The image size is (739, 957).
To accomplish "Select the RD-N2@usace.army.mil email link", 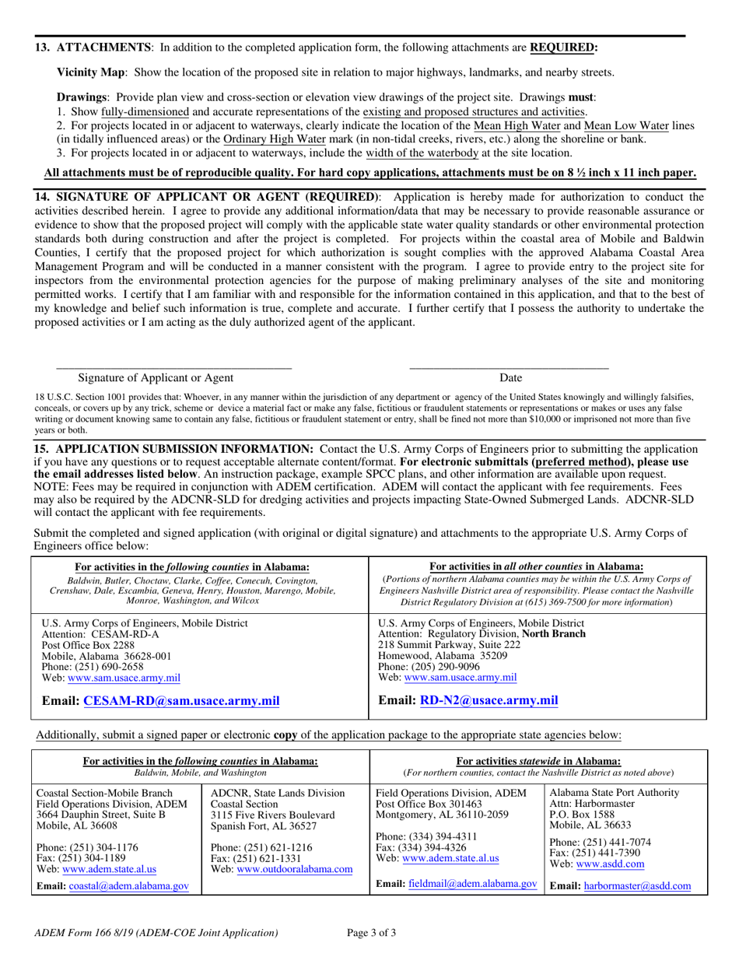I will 489,699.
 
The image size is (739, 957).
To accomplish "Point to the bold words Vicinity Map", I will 91,72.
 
